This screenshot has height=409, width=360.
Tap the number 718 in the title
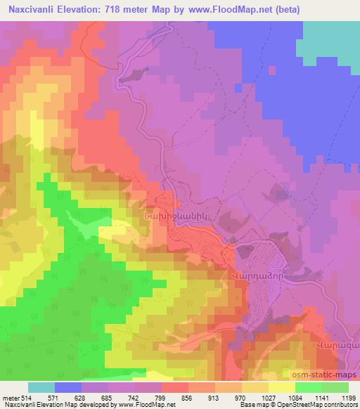click(x=124, y=9)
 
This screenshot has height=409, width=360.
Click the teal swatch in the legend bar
click(x=41, y=387)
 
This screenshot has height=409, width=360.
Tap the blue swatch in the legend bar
click(x=68, y=387)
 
